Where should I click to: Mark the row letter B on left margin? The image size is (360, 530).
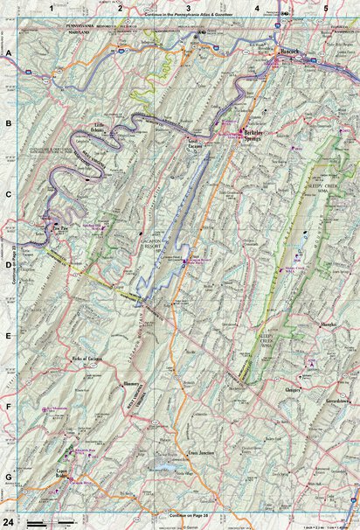point(8,123)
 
